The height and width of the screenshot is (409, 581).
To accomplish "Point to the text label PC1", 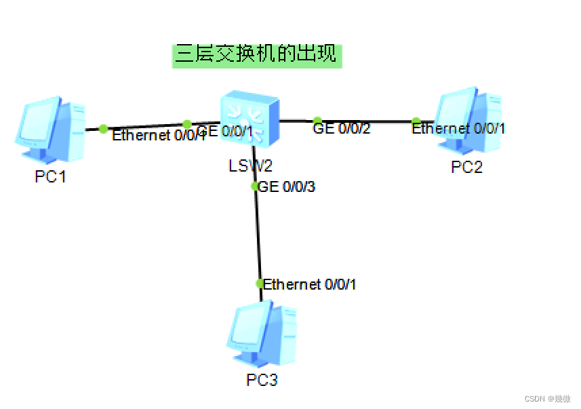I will click(51, 177).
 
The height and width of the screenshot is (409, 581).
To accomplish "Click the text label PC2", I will click(467, 167).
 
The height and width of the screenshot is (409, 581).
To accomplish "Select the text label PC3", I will click(262, 380).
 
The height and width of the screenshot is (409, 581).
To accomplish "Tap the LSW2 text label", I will click(250, 165).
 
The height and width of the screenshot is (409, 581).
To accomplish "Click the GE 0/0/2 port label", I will click(342, 129).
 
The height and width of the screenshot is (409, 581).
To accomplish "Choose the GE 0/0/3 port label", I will click(287, 187).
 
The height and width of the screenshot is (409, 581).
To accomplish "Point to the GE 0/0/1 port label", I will click(226, 132).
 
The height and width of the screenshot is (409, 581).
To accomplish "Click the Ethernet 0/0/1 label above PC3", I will click(310, 284).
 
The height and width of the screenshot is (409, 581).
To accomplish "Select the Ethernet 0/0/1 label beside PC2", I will click(459, 128).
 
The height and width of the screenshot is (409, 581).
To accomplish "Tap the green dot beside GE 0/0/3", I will click(255, 186).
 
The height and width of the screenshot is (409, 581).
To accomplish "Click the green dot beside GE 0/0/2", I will click(317, 121).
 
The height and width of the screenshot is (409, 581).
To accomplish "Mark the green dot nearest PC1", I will click(103, 128).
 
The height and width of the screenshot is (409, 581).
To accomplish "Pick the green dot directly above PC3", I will click(259, 283).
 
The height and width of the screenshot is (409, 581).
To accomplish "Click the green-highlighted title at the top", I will click(256, 54).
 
